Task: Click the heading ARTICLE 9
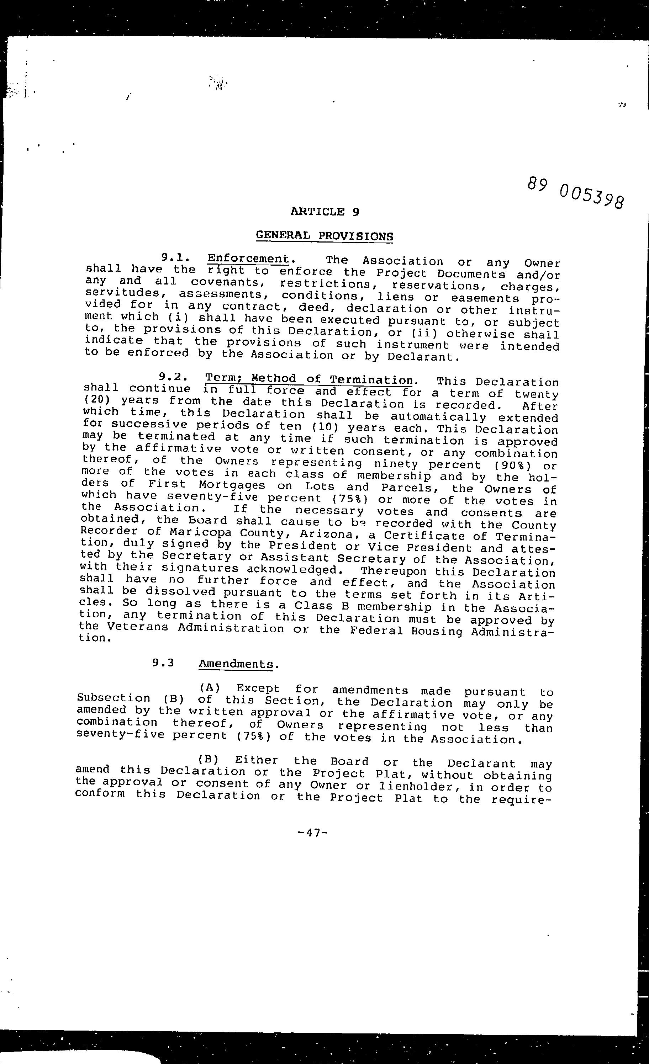point(324,212)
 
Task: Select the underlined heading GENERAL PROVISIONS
point(324,236)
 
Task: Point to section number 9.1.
point(175,258)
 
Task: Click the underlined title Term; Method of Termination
point(309,379)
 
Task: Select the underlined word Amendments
point(236,664)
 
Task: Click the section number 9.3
point(163,662)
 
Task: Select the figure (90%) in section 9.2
point(513,466)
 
